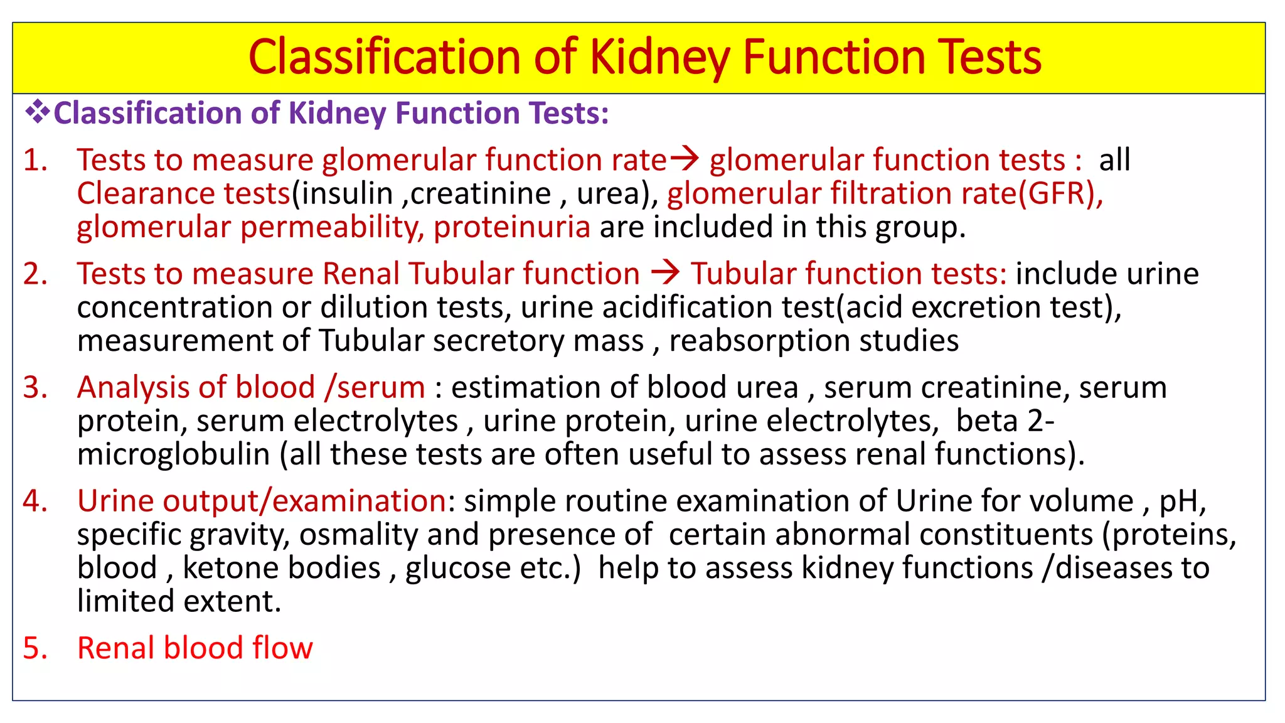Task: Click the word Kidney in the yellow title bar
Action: [x=660, y=58]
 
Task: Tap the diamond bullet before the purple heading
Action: [x=37, y=113]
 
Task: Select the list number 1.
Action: [x=35, y=160]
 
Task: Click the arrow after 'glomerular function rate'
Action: [x=685, y=159]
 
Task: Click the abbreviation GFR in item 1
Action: [x=1057, y=193]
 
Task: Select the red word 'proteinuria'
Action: [x=511, y=227]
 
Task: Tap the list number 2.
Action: [x=35, y=274]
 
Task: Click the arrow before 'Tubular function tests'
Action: [x=665, y=273]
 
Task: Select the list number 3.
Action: [x=35, y=388]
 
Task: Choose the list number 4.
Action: [x=35, y=501]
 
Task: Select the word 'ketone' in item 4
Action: [x=230, y=568]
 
